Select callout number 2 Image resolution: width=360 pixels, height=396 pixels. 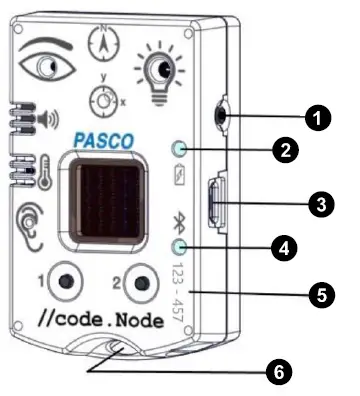pos(285,151)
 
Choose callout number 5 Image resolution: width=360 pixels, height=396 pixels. pos(320,295)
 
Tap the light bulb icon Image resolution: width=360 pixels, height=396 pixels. pos(155,68)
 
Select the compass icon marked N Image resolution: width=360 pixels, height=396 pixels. pos(103,44)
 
